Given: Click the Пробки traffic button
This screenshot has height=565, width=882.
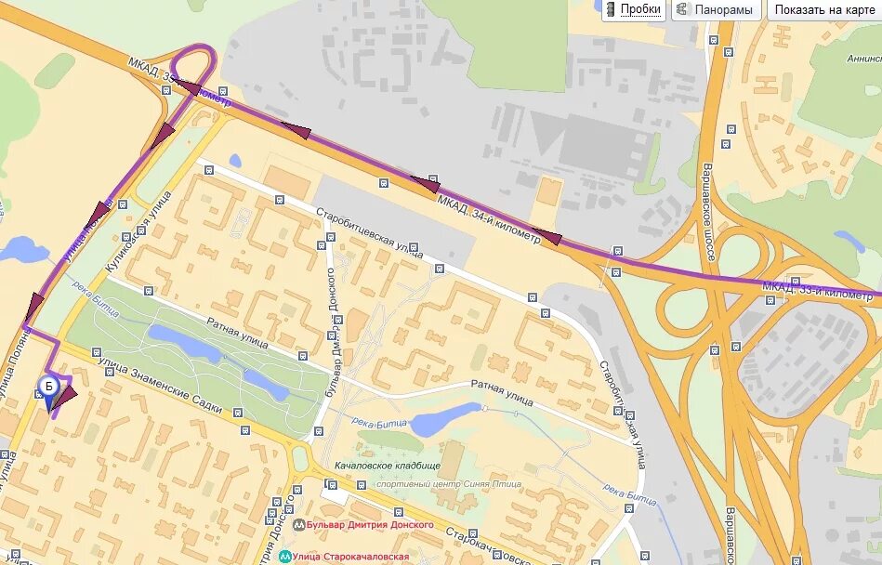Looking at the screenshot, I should pyautogui.click(x=640, y=10).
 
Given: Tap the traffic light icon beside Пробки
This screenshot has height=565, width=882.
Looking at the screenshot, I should pyautogui.click(x=611, y=10).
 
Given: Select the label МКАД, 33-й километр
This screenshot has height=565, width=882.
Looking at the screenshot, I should pyautogui.click(x=817, y=290).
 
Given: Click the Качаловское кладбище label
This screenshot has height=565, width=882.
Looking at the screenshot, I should pyautogui.click(x=388, y=466).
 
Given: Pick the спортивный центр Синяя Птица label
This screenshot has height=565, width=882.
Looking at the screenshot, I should pyautogui.click(x=448, y=484).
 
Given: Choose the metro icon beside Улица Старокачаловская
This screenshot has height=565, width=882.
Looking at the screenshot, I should pyautogui.click(x=283, y=557).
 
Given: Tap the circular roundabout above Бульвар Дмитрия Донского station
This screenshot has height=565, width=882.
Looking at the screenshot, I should pyautogui.click(x=299, y=456).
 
